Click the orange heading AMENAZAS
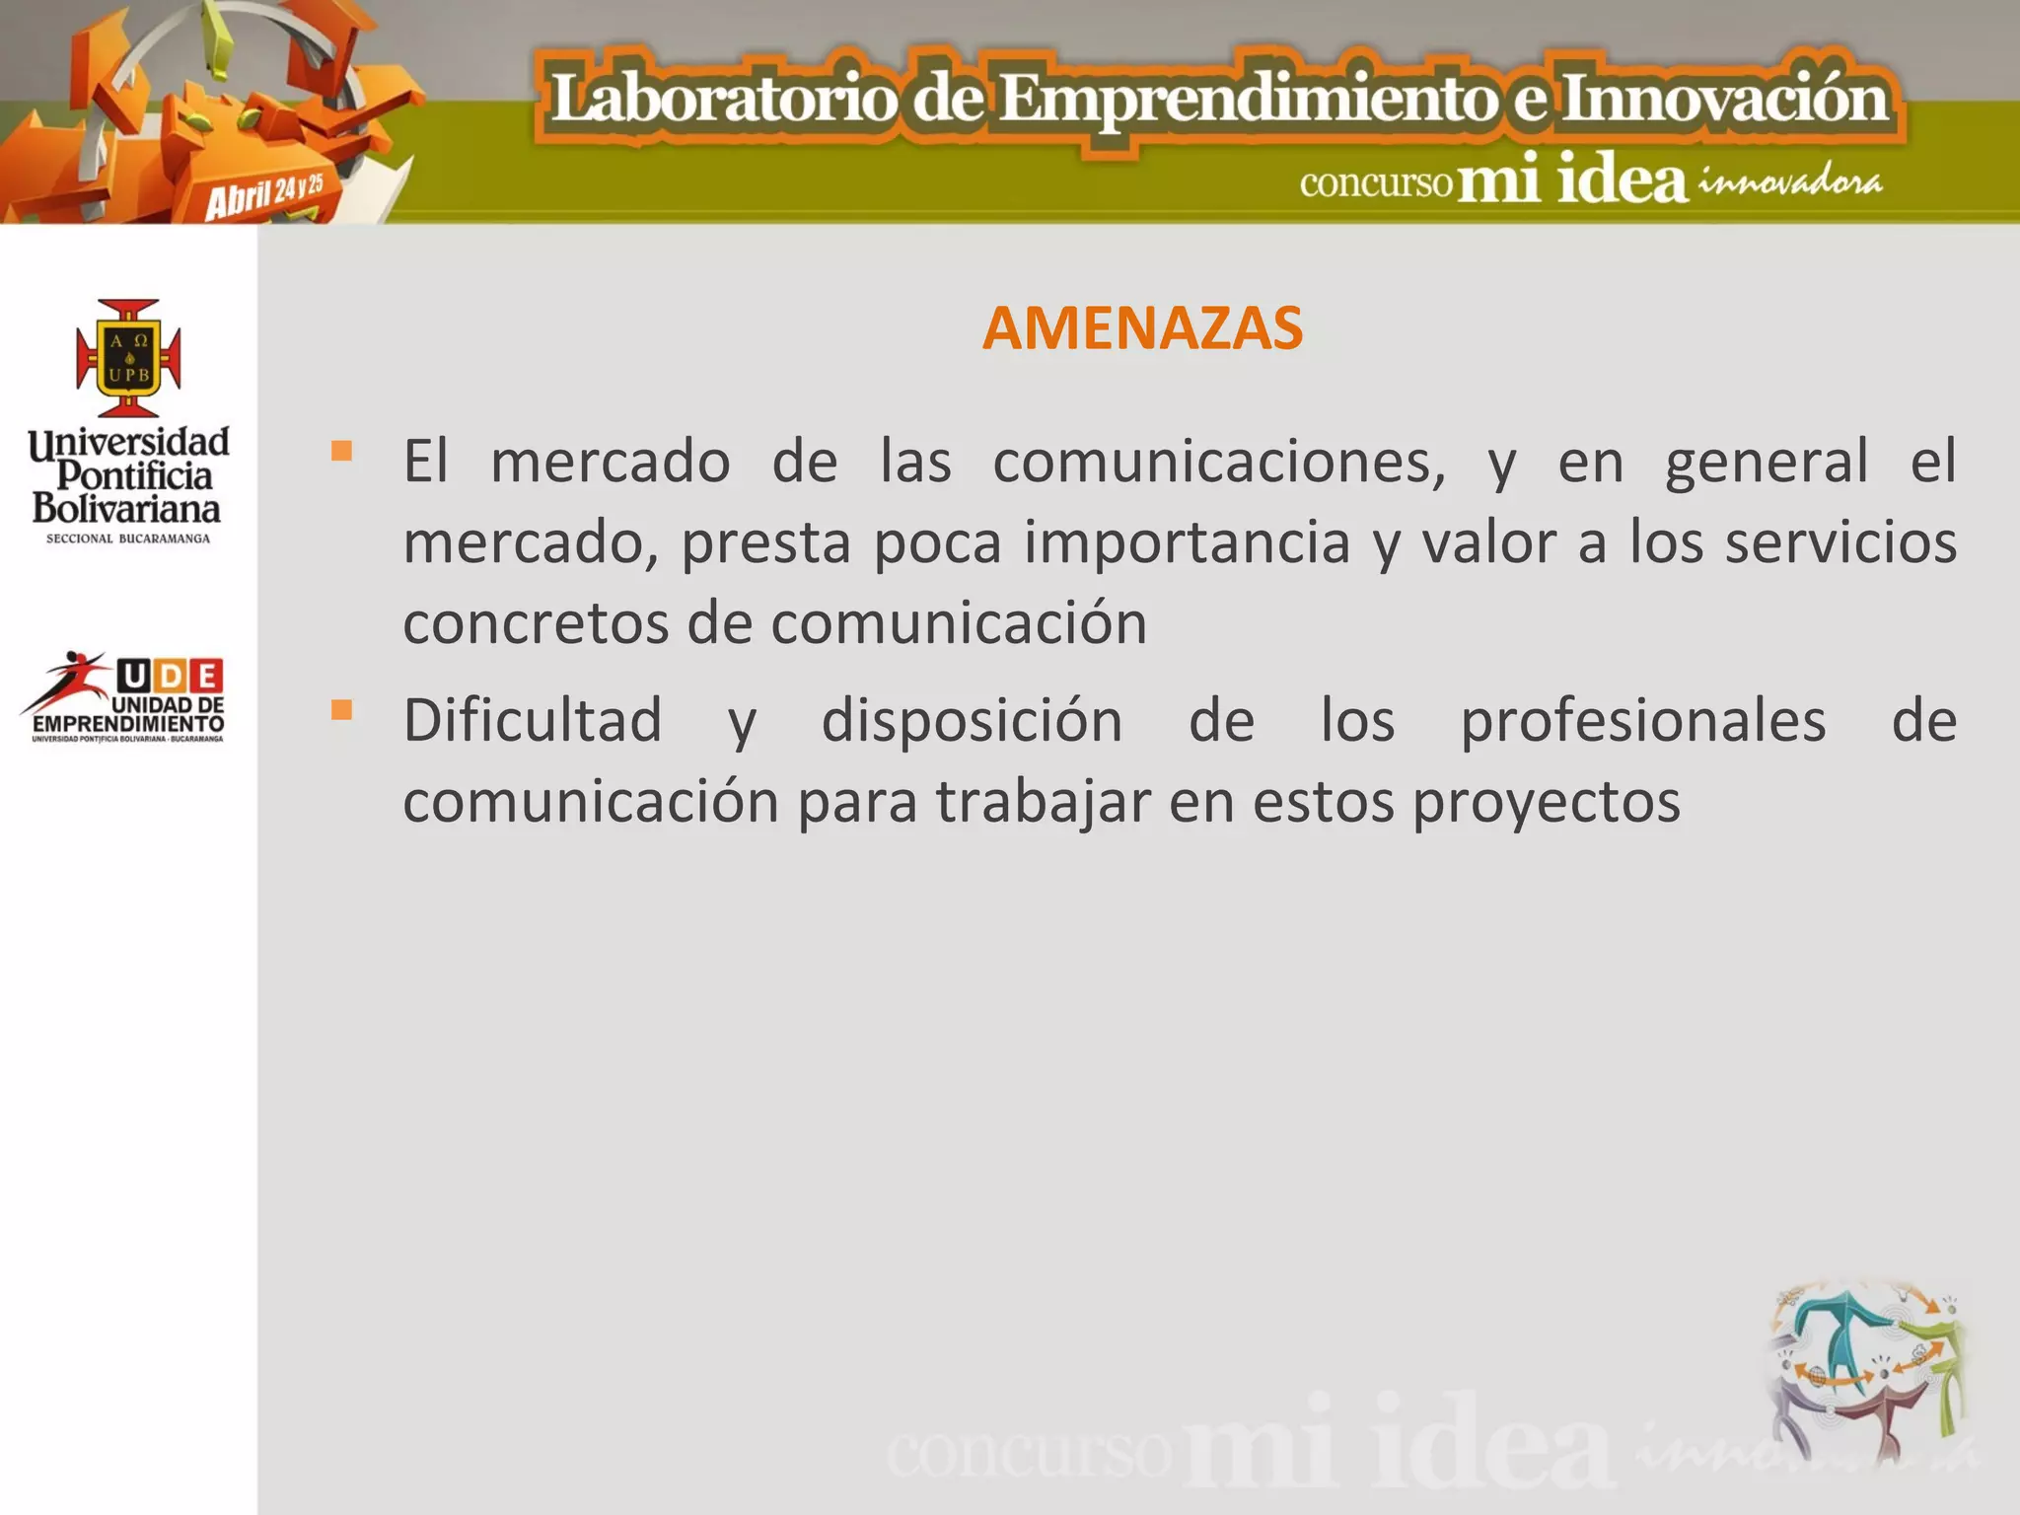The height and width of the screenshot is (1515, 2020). point(1142,328)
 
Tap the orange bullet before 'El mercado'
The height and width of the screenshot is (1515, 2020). point(341,452)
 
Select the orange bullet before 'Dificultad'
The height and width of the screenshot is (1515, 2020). point(341,709)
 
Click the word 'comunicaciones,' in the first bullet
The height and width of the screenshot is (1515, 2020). point(1218,462)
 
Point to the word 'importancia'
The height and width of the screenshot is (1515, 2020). point(1187,542)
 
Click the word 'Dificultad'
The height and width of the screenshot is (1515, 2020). point(533,720)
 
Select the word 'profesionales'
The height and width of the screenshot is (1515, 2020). point(1642,720)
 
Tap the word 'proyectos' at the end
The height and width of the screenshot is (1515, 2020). point(1546,801)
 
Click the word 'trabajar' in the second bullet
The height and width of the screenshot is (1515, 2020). point(1043,801)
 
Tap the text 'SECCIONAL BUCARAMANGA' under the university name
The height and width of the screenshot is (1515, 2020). point(128,539)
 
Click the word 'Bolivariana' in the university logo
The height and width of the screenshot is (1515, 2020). point(126,508)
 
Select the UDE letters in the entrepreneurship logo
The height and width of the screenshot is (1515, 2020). point(170,676)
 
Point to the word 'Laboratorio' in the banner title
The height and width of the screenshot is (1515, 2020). point(724,100)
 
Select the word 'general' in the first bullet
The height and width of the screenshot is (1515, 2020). point(1766,462)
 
